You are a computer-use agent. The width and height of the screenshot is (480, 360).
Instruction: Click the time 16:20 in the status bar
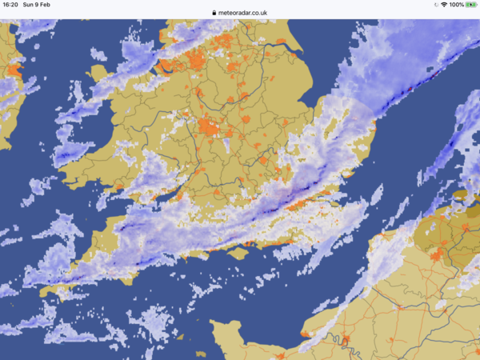(x=10, y=5)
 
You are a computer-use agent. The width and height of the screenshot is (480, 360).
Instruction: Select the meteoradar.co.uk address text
(x=244, y=13)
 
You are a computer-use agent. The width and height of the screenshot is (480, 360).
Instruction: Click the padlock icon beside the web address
(x=214, y=13)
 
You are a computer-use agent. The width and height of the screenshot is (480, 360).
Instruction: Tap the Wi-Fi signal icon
(x=443, y=5)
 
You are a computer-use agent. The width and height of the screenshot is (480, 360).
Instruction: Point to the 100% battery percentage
(x=456, y=5)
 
